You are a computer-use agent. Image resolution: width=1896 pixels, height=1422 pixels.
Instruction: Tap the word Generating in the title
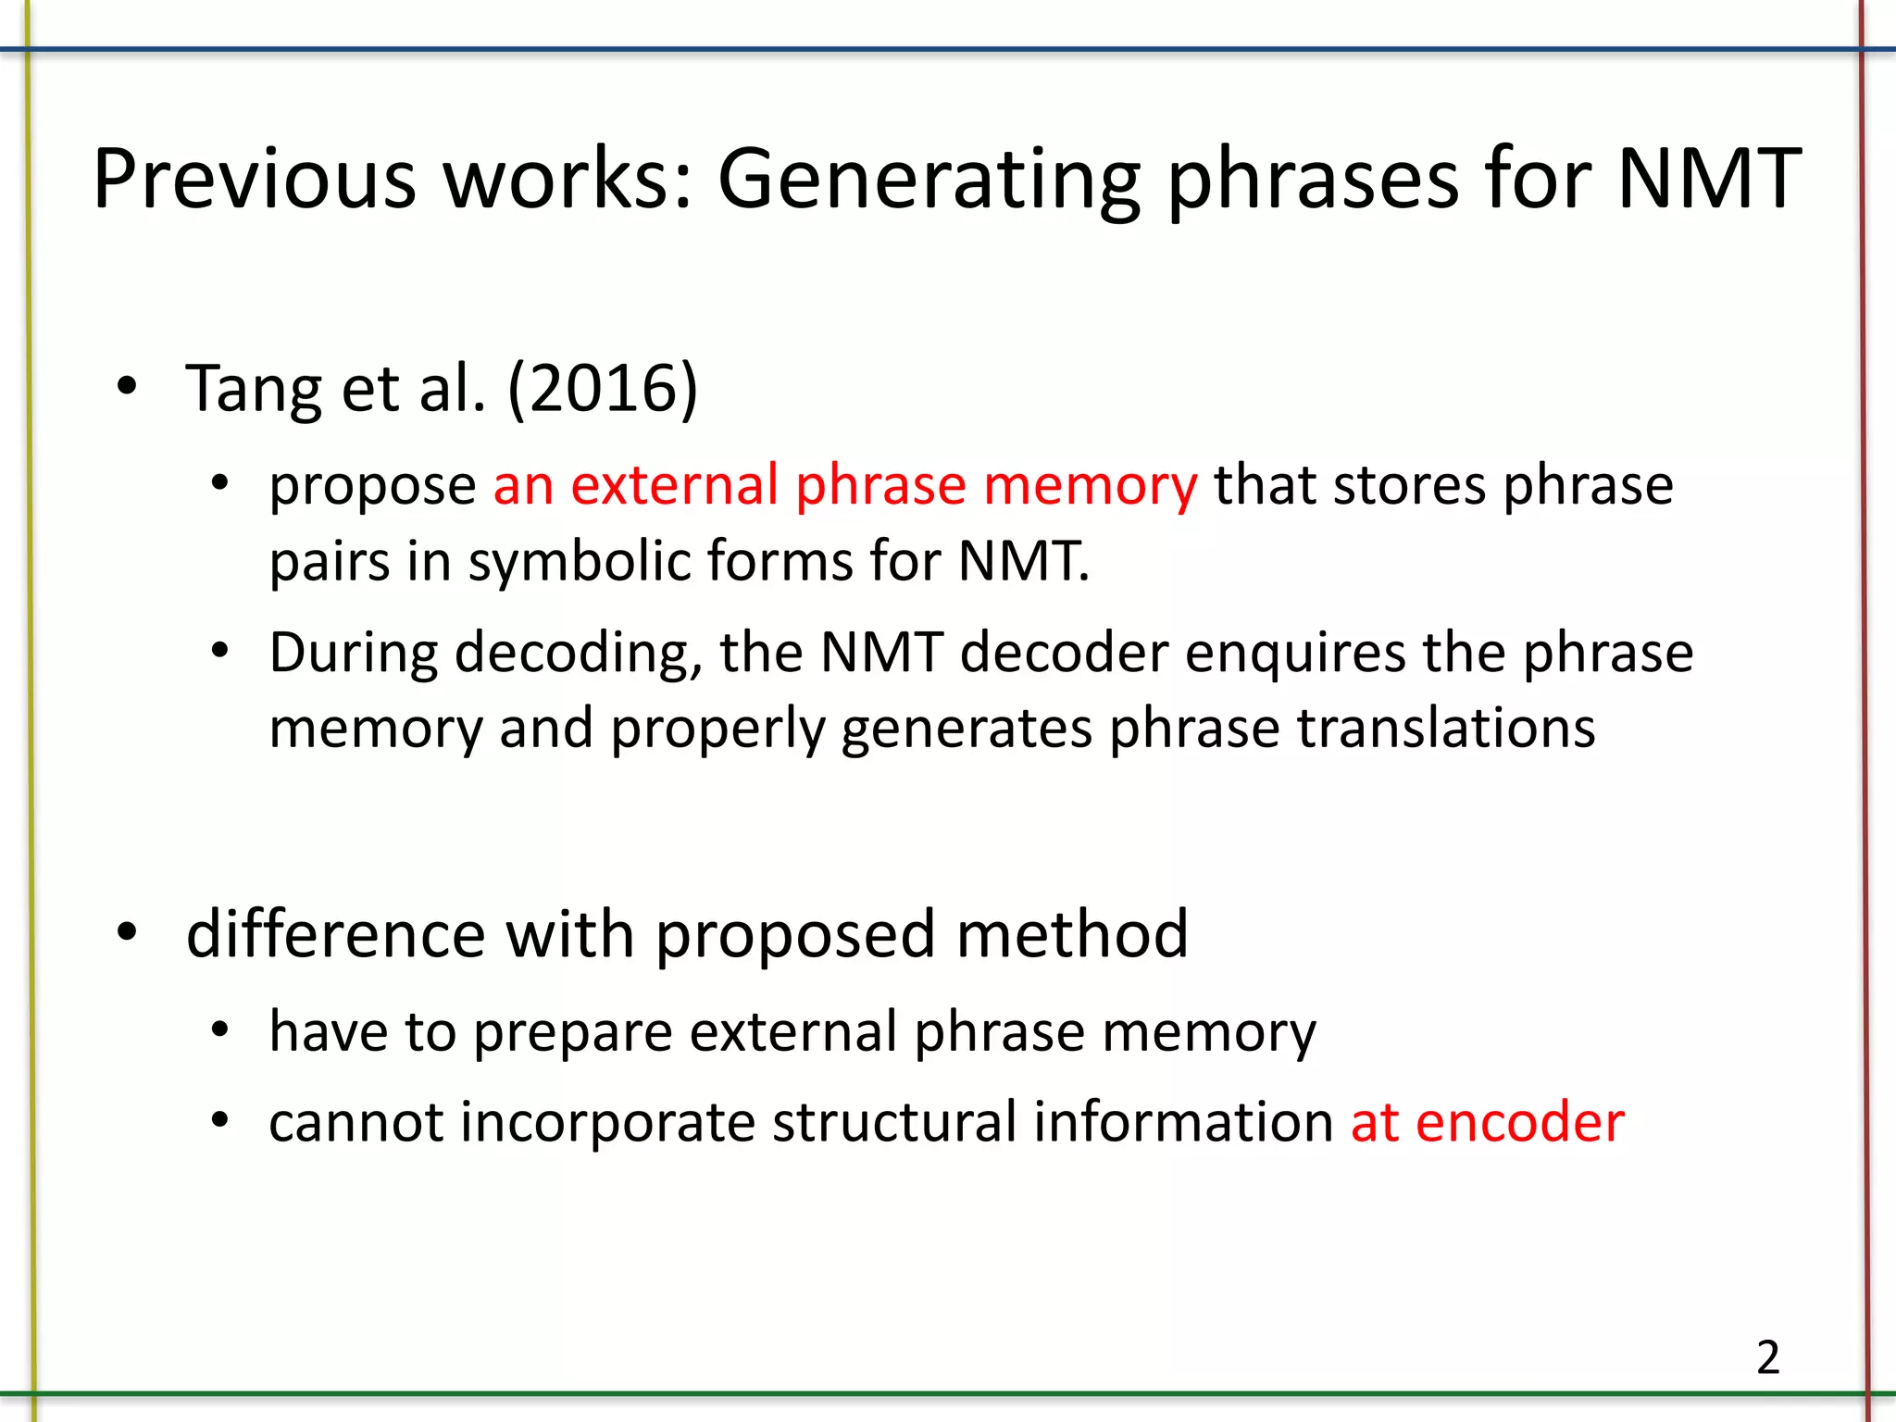(929, 181)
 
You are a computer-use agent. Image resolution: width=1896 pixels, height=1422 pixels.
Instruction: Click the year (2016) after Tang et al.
(603, 388)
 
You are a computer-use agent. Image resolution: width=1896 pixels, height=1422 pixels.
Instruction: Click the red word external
(674, 485)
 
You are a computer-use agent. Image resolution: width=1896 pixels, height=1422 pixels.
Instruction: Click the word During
(353, 653)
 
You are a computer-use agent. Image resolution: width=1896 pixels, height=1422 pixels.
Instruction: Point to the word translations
(1445, 729)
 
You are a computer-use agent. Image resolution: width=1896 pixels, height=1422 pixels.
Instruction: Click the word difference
(336, 934)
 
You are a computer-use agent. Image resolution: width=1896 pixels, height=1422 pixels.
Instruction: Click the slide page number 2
(1767, 1358)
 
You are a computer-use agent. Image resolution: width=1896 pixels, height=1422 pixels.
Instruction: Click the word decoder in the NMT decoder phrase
(1064, 653)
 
